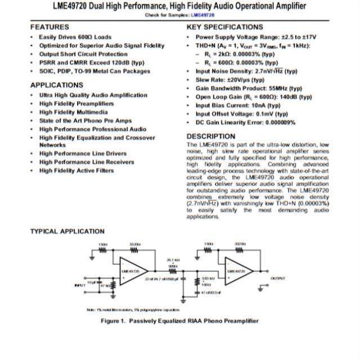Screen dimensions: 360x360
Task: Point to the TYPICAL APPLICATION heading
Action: click(x=67, y=231)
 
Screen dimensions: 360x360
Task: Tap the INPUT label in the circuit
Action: click(x=80, y=285)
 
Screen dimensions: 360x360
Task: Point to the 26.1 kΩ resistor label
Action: click(x=173, y=260)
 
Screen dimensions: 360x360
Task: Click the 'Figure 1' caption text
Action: click(x=179, y=321)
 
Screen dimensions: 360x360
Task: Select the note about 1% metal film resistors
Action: click(x=133, y=309)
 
